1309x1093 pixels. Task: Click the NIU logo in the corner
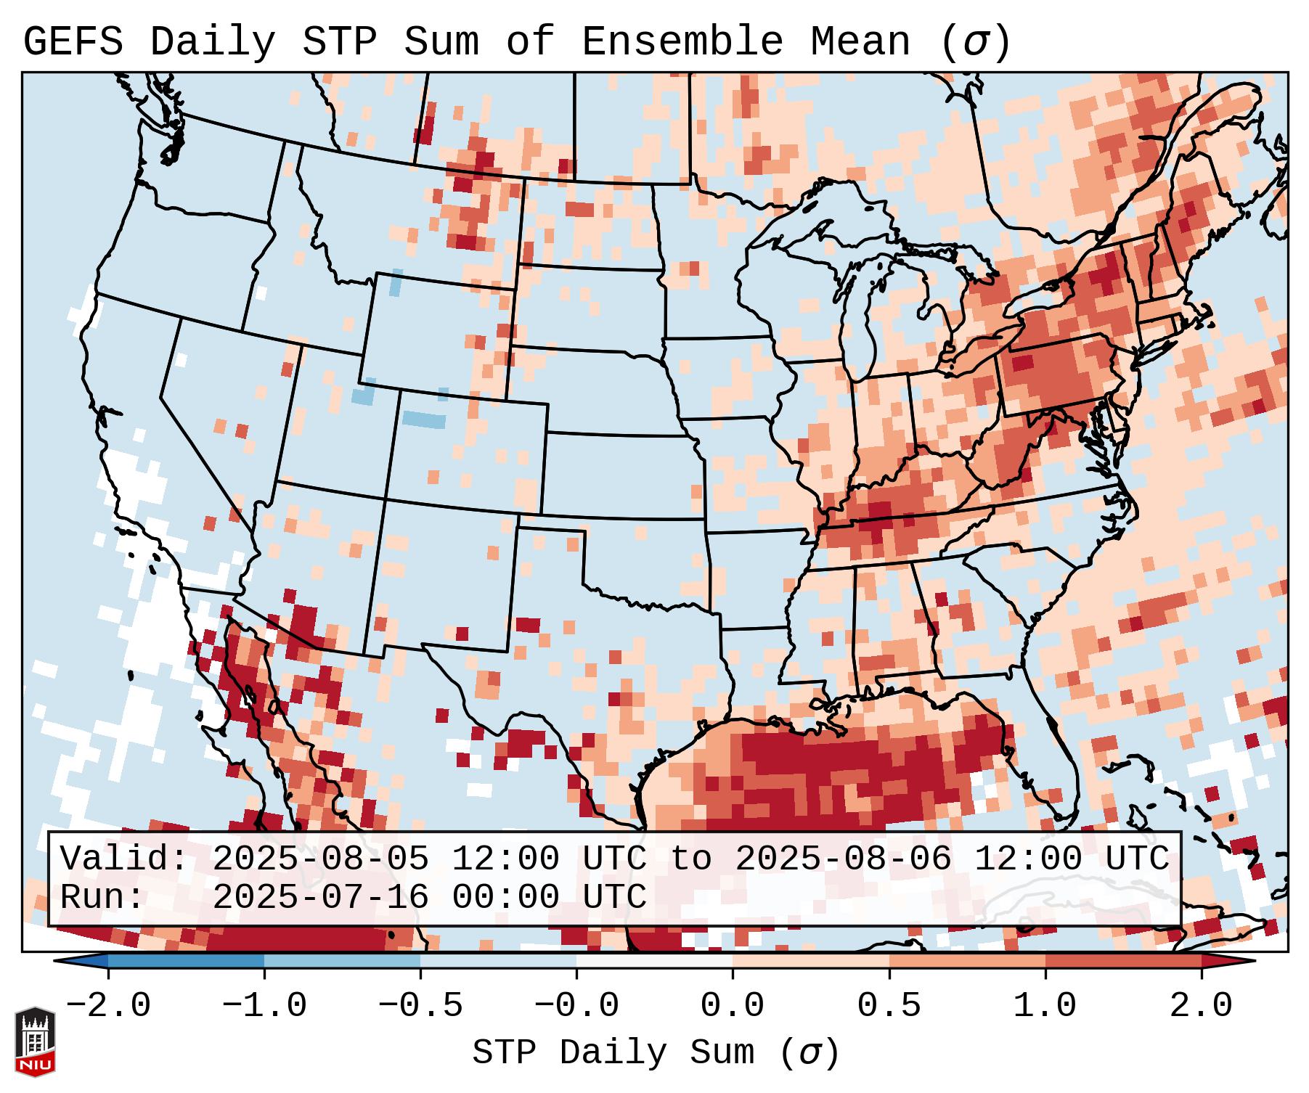click(x=35, y=1041)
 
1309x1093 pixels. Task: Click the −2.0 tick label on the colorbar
click(x=108, y=1006)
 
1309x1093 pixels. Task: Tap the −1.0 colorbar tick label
click(x=264, y=1006)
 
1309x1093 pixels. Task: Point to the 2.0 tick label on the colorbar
click(x=1202, y=1006)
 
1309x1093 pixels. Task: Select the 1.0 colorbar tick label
click(x=1045, y=1006)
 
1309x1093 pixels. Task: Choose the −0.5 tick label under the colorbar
click(x=420, y=1006)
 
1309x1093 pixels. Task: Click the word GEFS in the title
click(x=73, y=42)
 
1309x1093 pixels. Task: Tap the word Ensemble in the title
click(x=682, y=42)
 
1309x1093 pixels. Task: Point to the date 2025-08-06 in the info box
click(x=843, y=859)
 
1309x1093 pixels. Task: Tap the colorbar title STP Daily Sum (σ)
click(x=656, y=1053)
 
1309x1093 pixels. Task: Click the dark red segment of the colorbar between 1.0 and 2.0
click(x=1123, y=961)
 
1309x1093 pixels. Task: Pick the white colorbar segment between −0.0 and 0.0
click(x=654, y=961)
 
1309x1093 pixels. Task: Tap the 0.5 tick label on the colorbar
click(x=889, y=1006)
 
